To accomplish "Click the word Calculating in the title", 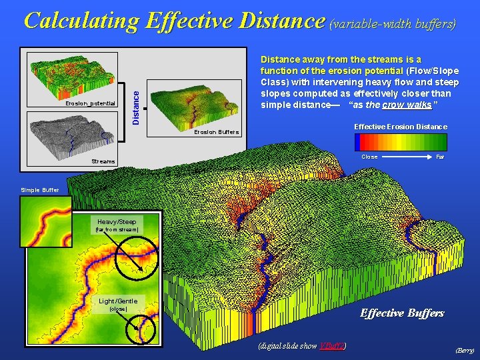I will pos(81,21).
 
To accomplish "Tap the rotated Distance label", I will pos(135,101).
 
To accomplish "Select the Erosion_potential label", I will pos(91,104).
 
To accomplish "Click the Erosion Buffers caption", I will pos(216,132).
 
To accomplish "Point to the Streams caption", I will pos(103,161).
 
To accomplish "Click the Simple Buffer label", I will pos(40,190).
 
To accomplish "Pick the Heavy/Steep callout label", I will pos(117,222).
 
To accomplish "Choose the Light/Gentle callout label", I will pos(117,301).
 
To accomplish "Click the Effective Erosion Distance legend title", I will pos(401,127).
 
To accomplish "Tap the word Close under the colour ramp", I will pos(369,157).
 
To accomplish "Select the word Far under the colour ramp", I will pos(440,157).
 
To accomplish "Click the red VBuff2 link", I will pos(331,345).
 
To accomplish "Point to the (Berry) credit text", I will pos(464,349).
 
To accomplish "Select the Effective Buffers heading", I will pos(402,313).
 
